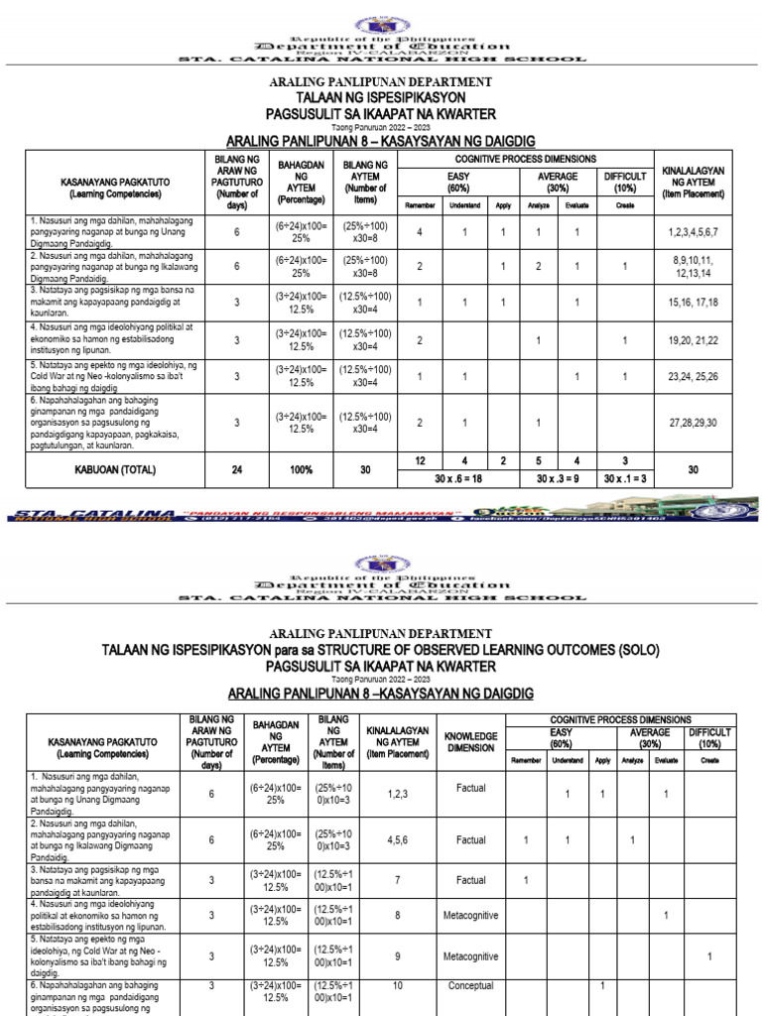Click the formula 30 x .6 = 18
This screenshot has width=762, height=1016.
(x=459, y=479)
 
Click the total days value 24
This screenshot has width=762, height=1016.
(x=236, y=470)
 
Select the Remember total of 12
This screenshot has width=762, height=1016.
(x=421, y=460)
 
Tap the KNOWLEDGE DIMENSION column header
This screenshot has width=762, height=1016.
(x=470, y=741)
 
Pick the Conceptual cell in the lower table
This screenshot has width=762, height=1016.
(x=470, y=986)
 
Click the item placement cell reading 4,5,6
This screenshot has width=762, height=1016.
(x=404, y=840)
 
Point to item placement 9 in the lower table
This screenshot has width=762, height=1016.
(x=404, y=956)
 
